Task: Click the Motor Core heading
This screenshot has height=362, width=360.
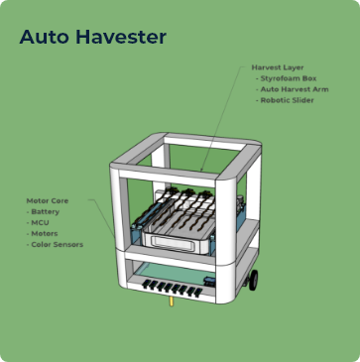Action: click(48, 200)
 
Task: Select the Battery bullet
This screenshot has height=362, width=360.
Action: click(46, 211)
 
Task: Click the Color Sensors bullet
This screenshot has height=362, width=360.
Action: click(57, 244)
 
